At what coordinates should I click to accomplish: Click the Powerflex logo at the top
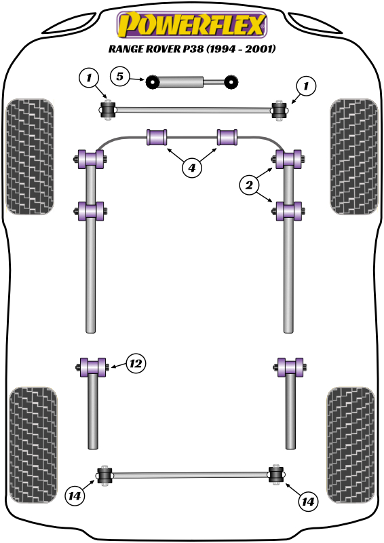point(192,24)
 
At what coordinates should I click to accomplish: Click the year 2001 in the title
point(261,48)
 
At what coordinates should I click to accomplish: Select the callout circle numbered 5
point(120,77)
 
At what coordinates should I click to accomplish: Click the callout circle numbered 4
point(191,168)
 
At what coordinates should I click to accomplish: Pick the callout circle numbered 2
point(249,185)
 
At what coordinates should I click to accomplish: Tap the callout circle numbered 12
point(136,364)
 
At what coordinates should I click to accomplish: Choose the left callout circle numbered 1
point(89,77)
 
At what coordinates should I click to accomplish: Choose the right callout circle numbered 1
point(306,86)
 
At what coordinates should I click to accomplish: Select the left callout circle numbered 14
point(75,496)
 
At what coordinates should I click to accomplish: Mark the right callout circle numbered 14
point(307,501)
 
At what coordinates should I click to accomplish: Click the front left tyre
point(30,157)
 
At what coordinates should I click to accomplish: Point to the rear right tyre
point(350,445)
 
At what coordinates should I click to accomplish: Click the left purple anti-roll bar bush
point(157,137)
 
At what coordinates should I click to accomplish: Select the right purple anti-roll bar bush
point(227,137)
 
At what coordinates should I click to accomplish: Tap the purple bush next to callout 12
point(92,367)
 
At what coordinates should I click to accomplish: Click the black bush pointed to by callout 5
point(152,81)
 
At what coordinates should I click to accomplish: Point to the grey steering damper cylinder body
point(180,81)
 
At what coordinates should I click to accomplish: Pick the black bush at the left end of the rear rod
point(104,476)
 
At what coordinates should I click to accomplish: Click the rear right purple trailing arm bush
point(290,367)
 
